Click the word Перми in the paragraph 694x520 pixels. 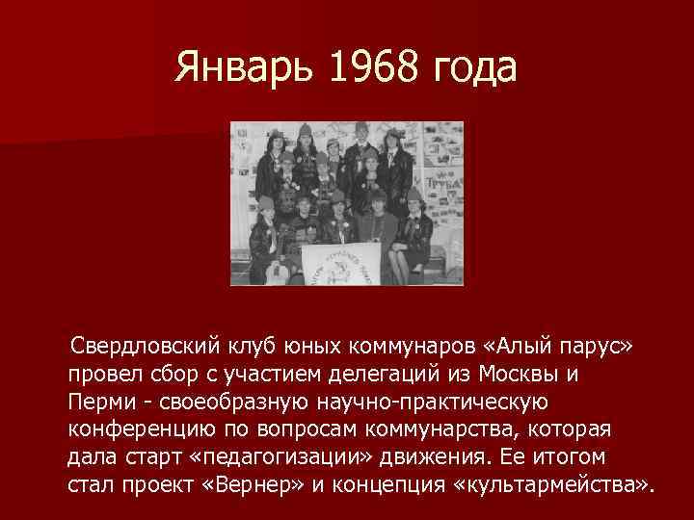pos(98,400)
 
